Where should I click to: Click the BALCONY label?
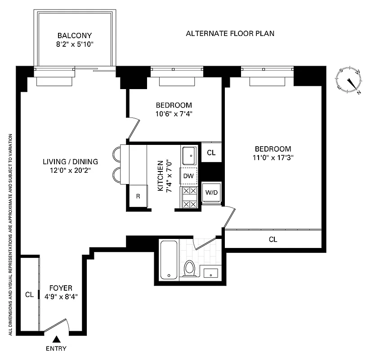tap(75, 36)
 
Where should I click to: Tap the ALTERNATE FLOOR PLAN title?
tap(230, 33)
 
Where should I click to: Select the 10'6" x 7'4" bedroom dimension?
tap(174, 114)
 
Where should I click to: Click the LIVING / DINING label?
tap(71, 162)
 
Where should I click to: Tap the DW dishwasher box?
tap(188, 176)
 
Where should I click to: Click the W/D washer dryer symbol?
tap(211, 193)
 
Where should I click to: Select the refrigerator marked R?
tap(139, 196)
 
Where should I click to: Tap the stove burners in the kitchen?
tap(189, 197)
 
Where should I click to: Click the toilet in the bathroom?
tap(189, 269)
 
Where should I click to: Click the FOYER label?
tap(61, 288)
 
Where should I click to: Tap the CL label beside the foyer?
tap(29, 295)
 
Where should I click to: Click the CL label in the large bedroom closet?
tap(273, 239)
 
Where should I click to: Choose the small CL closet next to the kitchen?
tap(211, 153)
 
